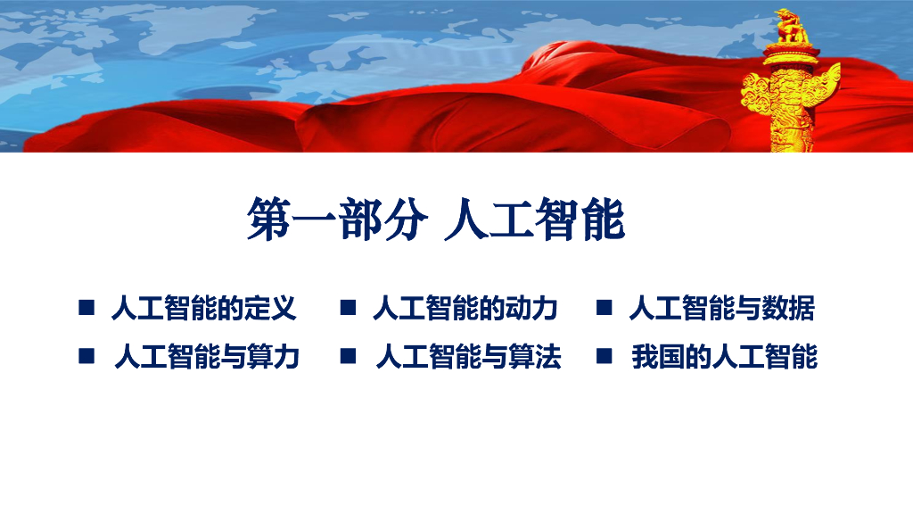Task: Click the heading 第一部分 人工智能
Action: (x=435, y=220)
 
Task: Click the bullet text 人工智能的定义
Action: (x=204, y=308)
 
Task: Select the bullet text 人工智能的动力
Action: (x=465, y=308)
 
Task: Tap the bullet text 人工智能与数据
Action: (x=722, y=308)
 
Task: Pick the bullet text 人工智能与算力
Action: (x=207, y=357)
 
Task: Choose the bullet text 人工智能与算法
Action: (x=469, y=357)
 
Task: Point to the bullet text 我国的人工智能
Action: (x=724, y=357)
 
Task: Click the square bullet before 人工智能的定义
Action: (x=86, y=307)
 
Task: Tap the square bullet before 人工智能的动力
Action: (x=349, y=307)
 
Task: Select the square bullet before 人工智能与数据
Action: (x=605, y=307)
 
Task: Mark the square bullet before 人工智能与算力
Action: (x=86, y=355)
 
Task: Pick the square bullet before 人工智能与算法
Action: (x=349, y=355)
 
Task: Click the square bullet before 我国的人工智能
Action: (x=605, y=355)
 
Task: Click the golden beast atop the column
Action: (x=792, y=27)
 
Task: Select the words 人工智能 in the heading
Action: (x=535, y=220)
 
